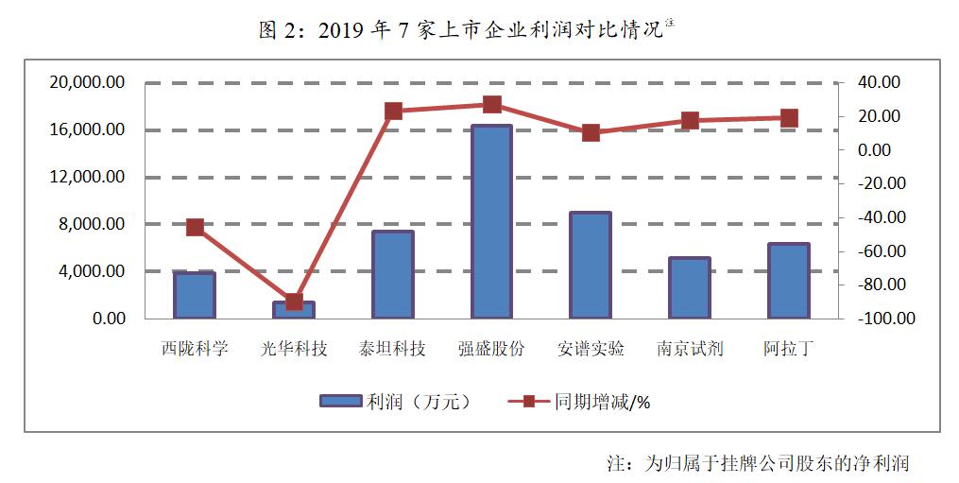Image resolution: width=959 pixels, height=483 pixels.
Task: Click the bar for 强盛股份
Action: (x=491, y=222)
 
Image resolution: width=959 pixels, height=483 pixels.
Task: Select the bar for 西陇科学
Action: (x=195, y=295)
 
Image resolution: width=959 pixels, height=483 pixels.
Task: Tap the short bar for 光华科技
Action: (x=294, y=311)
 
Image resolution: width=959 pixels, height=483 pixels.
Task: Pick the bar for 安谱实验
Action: (x=591, y=266)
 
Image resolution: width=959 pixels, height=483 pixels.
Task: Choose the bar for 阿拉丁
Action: (x=788, y=281)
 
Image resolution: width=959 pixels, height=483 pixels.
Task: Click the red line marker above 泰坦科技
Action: (x=393, y=112)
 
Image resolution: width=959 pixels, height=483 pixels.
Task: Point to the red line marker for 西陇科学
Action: (x=195, y=227)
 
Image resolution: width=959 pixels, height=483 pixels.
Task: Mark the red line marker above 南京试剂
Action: (x=690, y=120)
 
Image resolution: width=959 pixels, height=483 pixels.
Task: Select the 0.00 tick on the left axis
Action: (x=108, y=319)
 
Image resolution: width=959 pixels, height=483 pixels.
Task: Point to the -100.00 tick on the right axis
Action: (x=887, y=319)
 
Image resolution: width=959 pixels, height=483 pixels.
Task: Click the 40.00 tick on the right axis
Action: (x=880, y=82)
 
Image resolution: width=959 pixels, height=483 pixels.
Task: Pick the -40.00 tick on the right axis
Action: (x=882, y=217)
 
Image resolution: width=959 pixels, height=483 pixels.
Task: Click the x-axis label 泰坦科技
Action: (x=393, y=349)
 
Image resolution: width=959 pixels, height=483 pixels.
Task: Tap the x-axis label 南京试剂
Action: (x=690, y=349)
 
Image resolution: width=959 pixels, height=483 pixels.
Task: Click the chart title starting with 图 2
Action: (x=466, y=30)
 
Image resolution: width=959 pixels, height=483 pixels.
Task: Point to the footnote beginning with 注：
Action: (x=757, y=463)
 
